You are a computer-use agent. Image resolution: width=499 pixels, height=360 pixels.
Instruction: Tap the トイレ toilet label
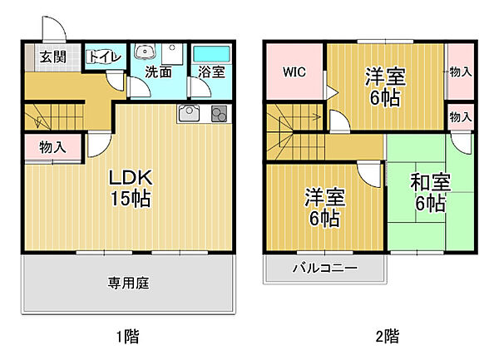104,57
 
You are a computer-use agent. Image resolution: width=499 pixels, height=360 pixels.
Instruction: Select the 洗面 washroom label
158,72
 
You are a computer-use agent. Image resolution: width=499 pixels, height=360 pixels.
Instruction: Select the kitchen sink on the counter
188,113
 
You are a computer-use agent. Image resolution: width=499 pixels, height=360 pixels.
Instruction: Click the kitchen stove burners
219,115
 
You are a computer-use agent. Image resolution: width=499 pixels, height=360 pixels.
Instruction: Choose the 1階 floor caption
126,337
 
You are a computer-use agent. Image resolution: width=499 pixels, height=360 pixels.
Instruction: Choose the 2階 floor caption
385,337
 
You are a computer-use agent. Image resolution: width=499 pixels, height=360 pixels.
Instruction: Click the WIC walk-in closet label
294,72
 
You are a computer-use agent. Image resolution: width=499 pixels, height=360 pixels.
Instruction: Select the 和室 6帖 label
428,192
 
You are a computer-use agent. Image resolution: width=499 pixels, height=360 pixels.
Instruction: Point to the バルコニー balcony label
324,269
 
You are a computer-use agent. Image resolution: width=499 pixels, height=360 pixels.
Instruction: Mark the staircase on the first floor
55,119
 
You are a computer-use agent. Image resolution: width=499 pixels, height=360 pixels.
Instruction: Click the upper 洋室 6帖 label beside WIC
384,87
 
